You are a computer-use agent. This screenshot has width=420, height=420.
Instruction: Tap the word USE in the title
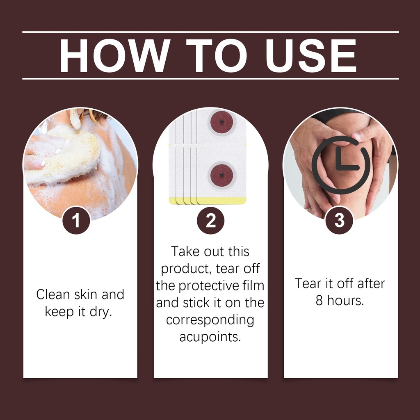(311, 56)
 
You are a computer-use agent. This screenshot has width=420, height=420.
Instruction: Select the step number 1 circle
(76, 220)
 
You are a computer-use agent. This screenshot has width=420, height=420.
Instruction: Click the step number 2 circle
(210, 220)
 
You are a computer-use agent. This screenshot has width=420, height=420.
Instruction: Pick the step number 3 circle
(339, 220)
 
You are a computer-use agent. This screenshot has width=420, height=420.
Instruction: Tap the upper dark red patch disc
(222, 122)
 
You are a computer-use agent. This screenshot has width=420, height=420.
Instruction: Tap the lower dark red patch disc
(222, 176)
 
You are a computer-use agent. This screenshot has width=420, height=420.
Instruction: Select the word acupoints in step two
(210, 337)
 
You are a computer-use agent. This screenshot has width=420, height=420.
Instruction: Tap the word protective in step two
(208, 286)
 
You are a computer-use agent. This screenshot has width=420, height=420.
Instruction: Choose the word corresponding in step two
(210, 320)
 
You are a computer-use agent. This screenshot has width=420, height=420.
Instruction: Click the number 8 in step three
(319, 301)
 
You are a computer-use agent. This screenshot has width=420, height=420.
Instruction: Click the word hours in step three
(345, 301)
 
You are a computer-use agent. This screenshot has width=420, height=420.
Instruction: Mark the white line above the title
(210, 32)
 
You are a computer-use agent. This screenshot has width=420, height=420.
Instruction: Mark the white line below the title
(210, 79)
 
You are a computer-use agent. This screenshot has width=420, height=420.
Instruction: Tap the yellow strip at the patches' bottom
(208, 201)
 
